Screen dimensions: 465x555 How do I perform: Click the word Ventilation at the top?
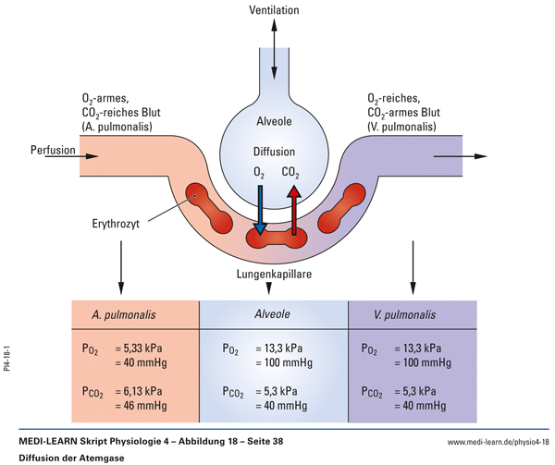275,10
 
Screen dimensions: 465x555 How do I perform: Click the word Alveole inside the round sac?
275,121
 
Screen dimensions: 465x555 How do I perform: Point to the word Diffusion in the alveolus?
275,152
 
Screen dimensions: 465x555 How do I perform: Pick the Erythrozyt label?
117,223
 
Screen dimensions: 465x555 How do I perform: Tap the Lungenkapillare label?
274,275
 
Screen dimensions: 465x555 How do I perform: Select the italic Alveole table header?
273,314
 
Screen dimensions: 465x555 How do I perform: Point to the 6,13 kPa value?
143,391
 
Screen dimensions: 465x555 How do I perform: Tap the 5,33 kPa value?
143,349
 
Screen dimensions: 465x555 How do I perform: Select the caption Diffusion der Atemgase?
68,458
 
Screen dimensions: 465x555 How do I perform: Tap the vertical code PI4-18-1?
6,356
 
